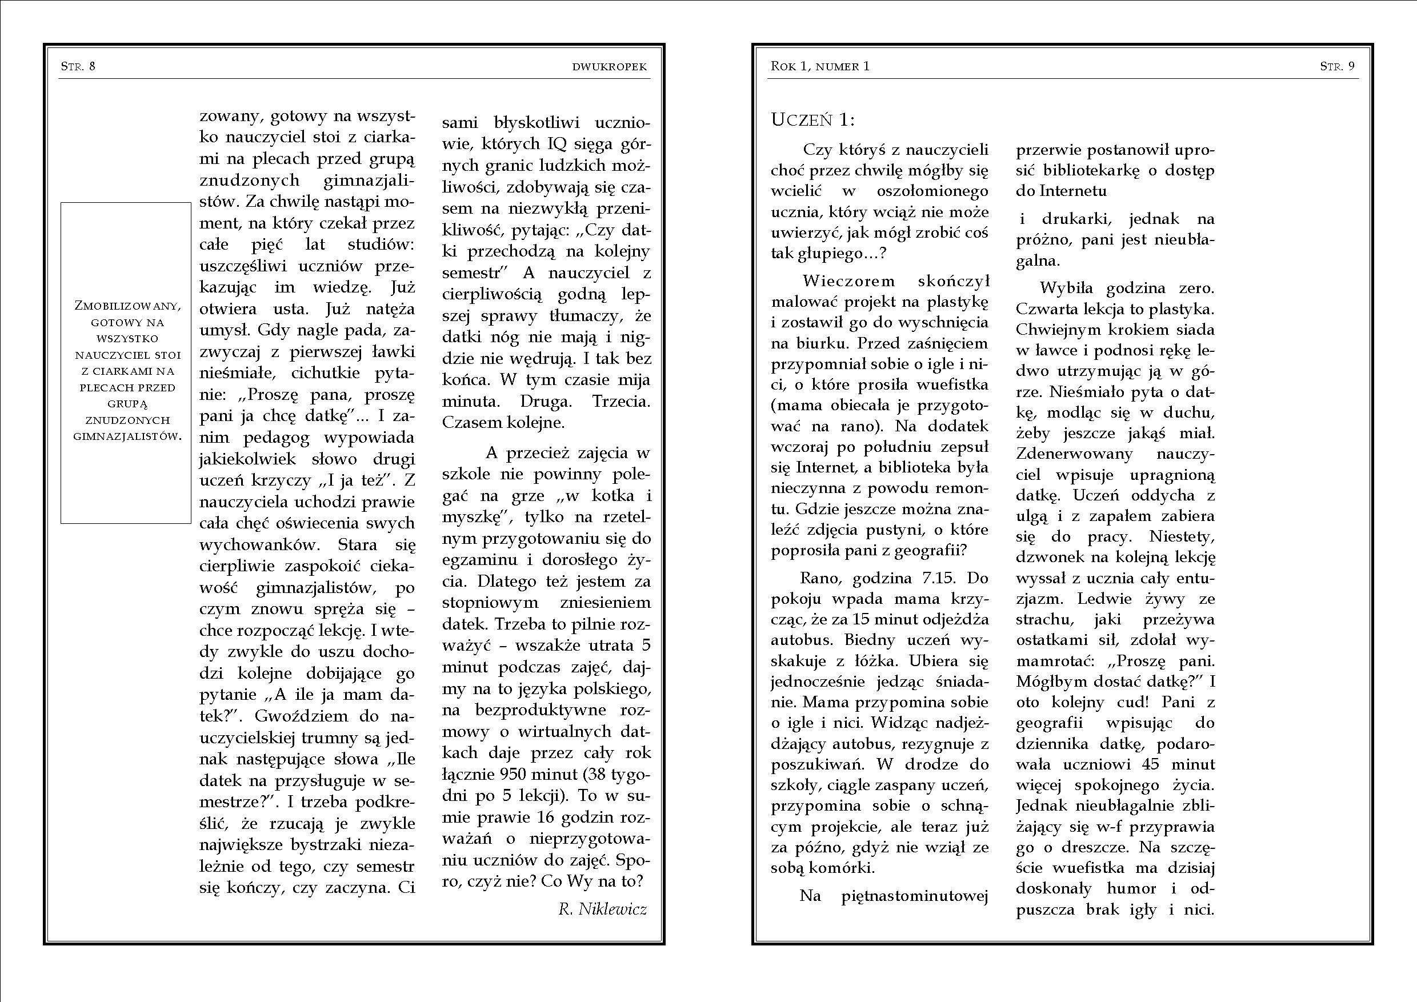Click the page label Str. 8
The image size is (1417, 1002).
pos(78,67)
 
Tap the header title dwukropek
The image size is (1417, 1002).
pos(609,67)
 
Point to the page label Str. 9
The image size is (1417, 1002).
pos(1338,67)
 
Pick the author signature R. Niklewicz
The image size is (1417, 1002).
pos(602,909)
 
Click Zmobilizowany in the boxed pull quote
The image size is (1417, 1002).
pos(126,306)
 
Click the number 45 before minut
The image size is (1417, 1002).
pos(1150,764)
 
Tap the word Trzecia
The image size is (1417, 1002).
pos(621,401)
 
